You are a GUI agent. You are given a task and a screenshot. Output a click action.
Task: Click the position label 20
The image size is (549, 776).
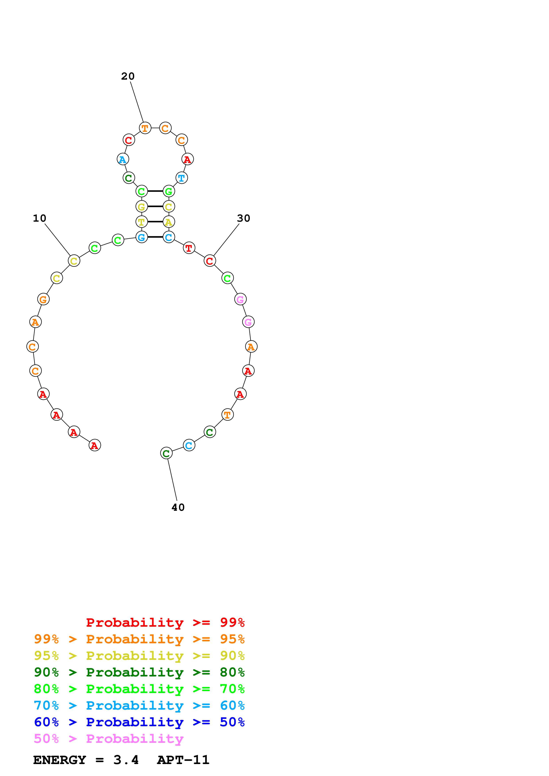tap(128, 76)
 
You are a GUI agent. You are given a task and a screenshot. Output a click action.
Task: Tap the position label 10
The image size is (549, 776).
tap(40, 218)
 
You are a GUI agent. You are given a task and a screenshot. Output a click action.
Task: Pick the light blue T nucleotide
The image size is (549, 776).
tap(182, 178)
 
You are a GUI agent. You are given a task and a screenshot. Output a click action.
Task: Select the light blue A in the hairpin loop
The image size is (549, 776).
tap(122, 159)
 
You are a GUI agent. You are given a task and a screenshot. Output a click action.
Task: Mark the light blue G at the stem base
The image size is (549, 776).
tap(141, 237)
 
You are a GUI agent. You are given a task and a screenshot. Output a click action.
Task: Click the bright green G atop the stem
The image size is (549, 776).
tap(169, 191)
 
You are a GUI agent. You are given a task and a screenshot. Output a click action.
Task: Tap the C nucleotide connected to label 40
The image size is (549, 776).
tap(166, 453)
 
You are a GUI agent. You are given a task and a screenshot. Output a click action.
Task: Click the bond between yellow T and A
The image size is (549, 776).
tap(155, 222)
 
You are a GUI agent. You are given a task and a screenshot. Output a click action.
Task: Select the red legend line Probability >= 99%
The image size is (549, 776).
tap(165, 622)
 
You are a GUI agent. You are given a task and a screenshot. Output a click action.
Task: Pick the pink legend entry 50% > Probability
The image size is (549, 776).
tap(108, 739)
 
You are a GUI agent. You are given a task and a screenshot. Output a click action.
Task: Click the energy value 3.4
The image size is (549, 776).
tap(126, 760)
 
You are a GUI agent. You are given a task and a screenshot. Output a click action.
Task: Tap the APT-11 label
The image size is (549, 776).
tap(183, 760)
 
